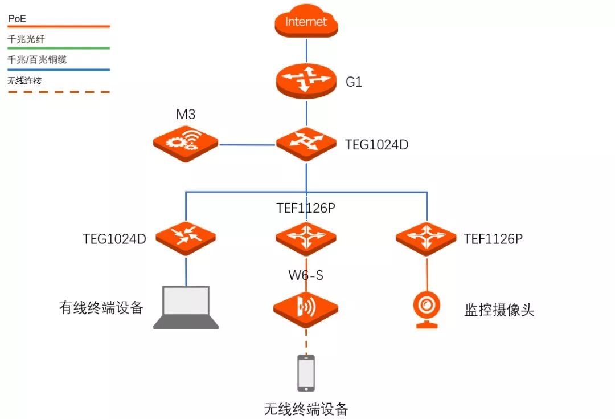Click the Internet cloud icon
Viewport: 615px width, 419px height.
tap(306, 22)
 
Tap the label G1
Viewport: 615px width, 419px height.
tap(354, 82)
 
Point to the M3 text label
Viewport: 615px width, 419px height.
tap(186, 115)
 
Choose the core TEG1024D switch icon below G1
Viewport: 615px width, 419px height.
tap(306, 144)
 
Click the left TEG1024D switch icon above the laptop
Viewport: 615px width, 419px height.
tap(186, 237)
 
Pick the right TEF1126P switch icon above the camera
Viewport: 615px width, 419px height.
tap(427, 237)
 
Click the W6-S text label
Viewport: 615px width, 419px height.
tap(306, 276)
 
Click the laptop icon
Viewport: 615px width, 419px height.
tap(186, 308)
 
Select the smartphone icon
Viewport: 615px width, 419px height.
tap(306, 373)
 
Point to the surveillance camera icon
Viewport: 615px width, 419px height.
tap(427, 310)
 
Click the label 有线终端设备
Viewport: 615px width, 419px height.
tap(101, 308)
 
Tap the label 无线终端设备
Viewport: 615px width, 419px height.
tap(306, 409)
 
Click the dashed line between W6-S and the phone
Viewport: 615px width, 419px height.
tap(306, 342)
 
